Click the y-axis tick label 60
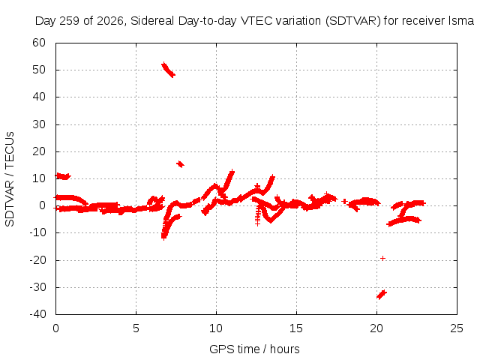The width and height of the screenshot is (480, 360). [39, 43]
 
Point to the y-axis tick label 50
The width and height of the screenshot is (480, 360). [39, 70]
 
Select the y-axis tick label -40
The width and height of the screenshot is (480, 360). [37, 314]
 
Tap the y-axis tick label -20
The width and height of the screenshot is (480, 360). [37, 260]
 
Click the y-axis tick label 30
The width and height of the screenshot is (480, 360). [39, 124]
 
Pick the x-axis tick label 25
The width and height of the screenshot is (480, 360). [457, 328]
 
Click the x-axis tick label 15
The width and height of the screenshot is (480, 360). [296, 328]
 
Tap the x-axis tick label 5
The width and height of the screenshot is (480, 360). [136, 328]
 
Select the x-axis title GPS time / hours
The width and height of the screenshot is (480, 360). [254, 349]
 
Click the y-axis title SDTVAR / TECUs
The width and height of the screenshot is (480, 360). [10, 179]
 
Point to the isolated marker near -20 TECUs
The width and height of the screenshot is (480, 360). [382, 258]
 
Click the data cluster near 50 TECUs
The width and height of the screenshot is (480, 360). [168, 70]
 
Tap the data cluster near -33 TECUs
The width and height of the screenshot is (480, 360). [382, 295]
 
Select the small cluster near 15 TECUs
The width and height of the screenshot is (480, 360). [180, 164]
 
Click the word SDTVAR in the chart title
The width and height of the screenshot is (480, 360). [352, 21]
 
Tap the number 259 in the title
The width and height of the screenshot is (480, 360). [70, 21]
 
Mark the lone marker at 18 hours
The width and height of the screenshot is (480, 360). [345, 201]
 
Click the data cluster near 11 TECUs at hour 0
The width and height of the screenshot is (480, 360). [63, 176]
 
